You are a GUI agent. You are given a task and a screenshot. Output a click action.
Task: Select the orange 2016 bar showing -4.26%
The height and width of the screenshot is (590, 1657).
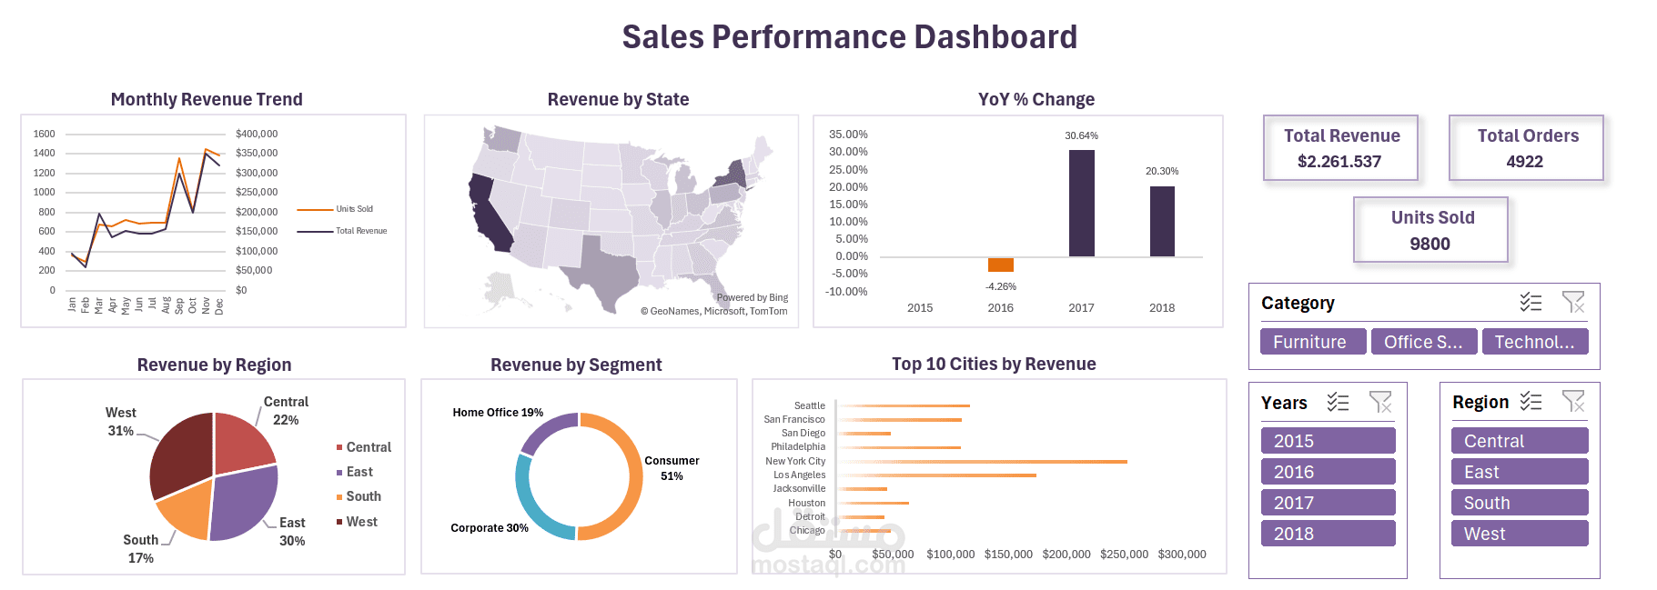click(1000, 265)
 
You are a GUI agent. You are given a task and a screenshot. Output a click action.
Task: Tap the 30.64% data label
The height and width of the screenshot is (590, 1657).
click(1081, 135)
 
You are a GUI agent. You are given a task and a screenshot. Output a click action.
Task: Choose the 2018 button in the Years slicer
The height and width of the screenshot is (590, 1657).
click(1328, 534)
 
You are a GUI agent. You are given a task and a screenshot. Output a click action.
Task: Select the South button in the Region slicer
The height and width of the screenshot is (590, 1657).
click(1519, 503)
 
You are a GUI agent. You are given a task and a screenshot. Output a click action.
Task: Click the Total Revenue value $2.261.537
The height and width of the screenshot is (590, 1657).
click(1339, 162)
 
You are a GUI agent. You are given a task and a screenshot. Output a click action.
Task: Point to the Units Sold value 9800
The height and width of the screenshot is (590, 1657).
click(1430, 244)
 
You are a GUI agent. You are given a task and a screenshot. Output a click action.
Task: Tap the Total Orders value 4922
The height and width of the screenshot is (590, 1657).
click(1524, 162)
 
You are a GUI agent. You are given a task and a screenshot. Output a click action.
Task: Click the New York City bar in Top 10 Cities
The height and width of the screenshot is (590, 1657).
click(983, 462)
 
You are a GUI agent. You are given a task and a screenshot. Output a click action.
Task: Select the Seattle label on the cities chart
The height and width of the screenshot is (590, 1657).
click(809, 405)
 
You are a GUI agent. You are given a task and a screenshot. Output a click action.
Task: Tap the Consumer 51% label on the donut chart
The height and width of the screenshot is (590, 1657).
click(672, 467)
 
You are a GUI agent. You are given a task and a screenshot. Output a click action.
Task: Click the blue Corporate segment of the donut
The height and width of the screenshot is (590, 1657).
click(537, 508)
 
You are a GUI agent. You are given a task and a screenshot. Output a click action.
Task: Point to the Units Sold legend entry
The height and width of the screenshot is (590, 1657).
click(353, 209)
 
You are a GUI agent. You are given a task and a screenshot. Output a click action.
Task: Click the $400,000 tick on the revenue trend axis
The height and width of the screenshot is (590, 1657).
click(257, 134)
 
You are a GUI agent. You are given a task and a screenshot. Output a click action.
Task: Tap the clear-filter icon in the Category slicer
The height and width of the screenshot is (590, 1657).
click(1572, 302)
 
